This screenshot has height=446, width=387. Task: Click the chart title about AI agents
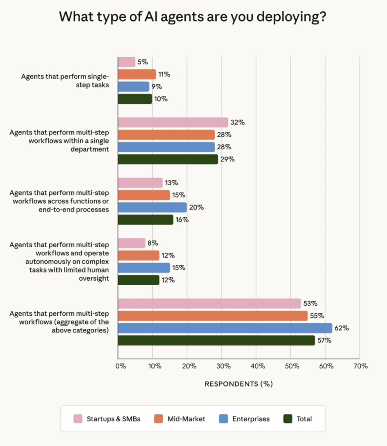tap(193, 17)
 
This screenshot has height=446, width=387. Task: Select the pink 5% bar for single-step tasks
tap(126, 62)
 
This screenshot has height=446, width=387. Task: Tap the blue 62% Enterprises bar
tap(225, 328)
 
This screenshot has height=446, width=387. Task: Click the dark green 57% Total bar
tap(216, 340)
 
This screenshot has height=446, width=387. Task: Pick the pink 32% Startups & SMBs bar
tap(173, 122)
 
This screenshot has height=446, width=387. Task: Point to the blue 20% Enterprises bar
tap(152, 208)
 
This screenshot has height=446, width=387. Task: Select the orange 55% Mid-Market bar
tap(212, 316)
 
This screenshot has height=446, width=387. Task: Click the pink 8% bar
tap(132, 243)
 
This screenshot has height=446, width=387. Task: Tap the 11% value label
tap(164, 74)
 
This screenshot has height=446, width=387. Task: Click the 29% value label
tap(228, 159)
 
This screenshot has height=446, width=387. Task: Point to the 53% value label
tap(310, 304)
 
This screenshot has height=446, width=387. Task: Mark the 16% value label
tap(182, 220)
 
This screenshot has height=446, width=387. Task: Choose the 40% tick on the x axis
tap(258, 366)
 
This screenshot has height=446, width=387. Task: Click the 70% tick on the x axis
tap(360, 366)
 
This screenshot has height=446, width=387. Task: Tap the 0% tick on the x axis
tap(121, 366)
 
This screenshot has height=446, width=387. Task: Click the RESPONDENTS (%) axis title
tap(239, 384)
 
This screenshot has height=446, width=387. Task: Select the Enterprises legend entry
tap(250, 419)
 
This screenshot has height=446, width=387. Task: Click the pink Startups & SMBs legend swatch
tap(78, 419)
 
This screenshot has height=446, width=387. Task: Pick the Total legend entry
tap(304, 419)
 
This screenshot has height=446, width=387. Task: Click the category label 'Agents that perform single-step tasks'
tap(65, 81)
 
